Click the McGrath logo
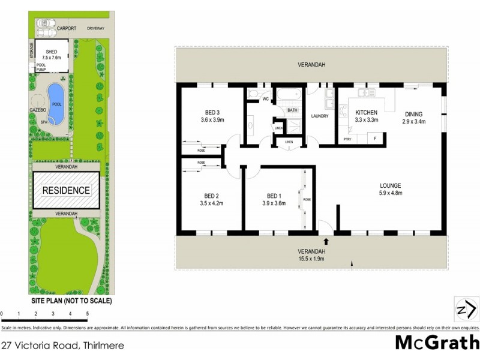click(437, 343)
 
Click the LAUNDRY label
click(320, 116)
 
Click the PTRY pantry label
click(347, 139)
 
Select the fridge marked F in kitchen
click(375, 139)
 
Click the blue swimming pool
click(56, 103)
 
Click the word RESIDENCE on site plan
click(66, 191)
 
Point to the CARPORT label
click(66, 28)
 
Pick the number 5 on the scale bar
click(88, 314)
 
